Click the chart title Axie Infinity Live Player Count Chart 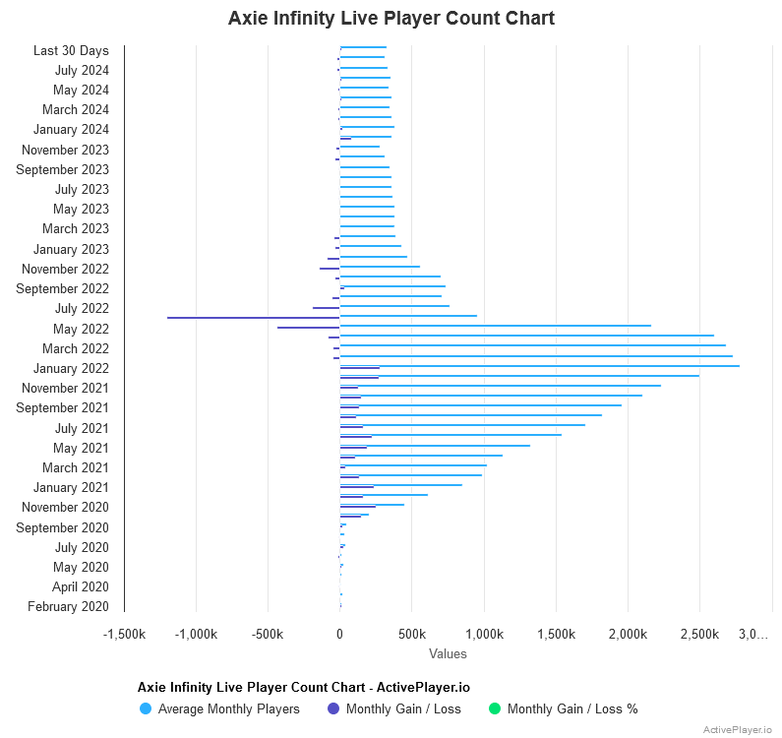[x=391, y=19]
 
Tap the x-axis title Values [x=448, y=653]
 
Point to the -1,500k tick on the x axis [x=124, y=635]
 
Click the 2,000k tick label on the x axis [x=628, y=635]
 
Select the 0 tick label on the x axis [x=339, y=635]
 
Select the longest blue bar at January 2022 [x=539, y=366]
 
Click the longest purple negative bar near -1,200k [x=253, y=318]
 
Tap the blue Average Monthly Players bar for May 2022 [x=495, y=326]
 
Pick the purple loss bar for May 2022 [x=308, y=328]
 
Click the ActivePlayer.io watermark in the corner [x=737, y=729]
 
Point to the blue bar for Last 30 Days [x=363, y=47]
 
